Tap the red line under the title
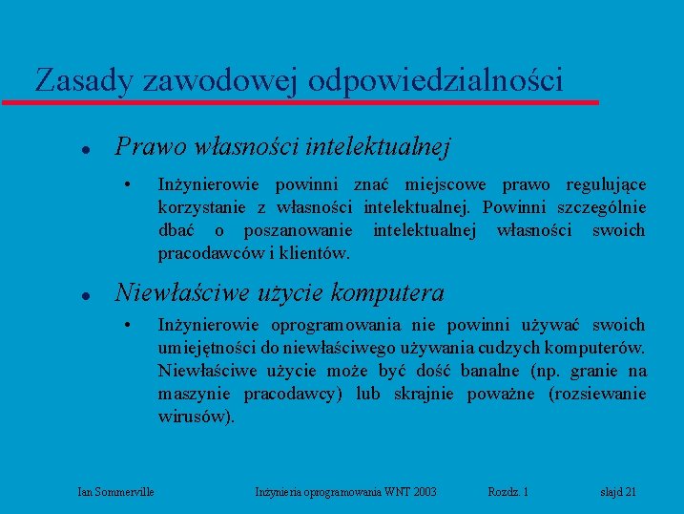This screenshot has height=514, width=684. click(301, 101)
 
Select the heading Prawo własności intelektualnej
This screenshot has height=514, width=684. click(282, 147)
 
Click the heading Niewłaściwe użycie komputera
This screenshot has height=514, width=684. click(280, 292)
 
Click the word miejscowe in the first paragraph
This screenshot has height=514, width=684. click(447, 184)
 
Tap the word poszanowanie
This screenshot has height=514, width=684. click(298, 230)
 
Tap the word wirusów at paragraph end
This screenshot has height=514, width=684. click(195, 417)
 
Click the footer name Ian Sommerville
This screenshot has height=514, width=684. click(116, 492)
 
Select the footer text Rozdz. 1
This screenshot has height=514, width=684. click(508, 492)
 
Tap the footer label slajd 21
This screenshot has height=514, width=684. click(618, 492)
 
